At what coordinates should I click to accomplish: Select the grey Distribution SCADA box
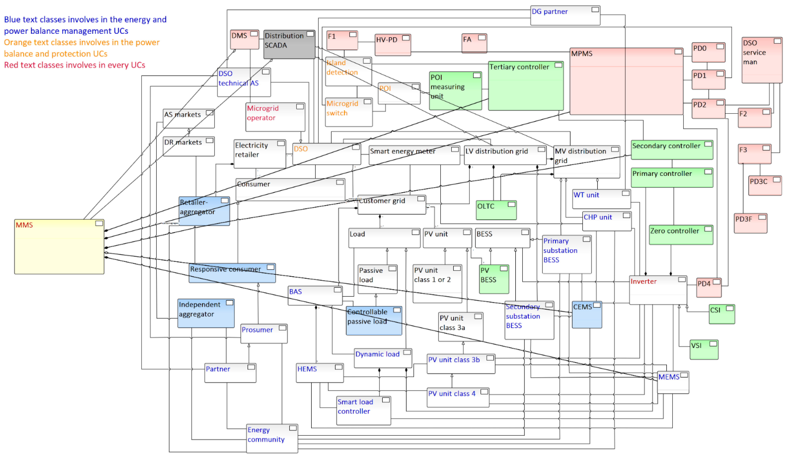(x=289, y=44)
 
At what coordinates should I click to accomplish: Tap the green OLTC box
(x=496, y=210)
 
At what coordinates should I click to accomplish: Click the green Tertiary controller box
(x=526, y=86)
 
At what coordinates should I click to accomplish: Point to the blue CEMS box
(x=587, y=315)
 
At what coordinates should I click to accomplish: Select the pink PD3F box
(x=750, y=223)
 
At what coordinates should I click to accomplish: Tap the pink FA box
(x=474, y=43)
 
